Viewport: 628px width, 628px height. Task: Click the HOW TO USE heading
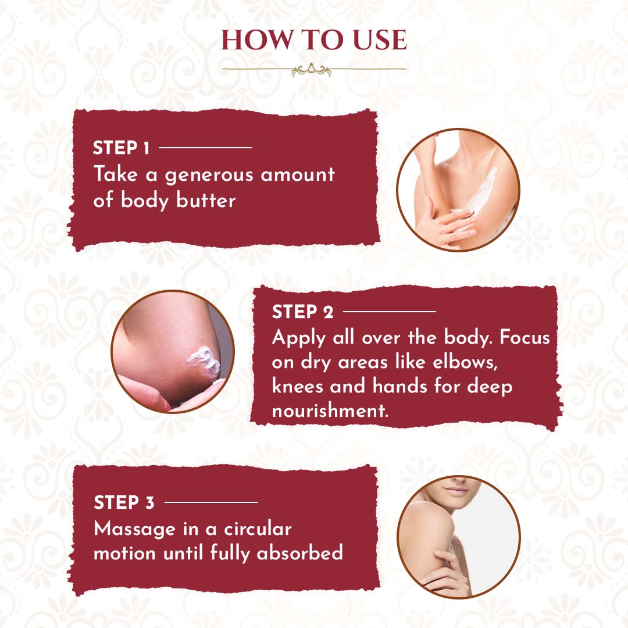pyautogui.click(x=314, y=40)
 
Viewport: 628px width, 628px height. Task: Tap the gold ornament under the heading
pyautogui.click(x=311, y=70)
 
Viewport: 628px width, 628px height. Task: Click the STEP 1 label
pyautogui.click(x=121, y=148)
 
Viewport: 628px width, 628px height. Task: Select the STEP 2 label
pyautogui.click(x=302, y=312)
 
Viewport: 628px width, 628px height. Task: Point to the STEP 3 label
pyautogui.click(x=124, y=502)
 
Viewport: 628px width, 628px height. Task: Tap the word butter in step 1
pyautogui.click(x=206, y=200)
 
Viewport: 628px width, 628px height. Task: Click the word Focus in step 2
pyautogui.click(x=524, y=338)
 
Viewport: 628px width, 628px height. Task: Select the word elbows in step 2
pyautogui.click(x=465, y=362)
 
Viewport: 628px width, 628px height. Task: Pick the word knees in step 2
pyautogui.click(x=298, y=386)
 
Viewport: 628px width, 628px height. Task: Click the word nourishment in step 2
pyautogui.click(x=330, y=411)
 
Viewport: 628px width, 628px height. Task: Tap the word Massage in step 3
pyautogui.click(x=134, y=529)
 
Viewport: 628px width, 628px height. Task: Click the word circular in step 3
pyautogui.click(x=258, y=529)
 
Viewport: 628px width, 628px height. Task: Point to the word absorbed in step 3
pyautogui.click(x=299, y=553)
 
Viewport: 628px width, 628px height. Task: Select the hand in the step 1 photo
pyautogui.click(x=445, y=225)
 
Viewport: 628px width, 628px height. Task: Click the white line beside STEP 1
pyautogui.click(x=205, y=148)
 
